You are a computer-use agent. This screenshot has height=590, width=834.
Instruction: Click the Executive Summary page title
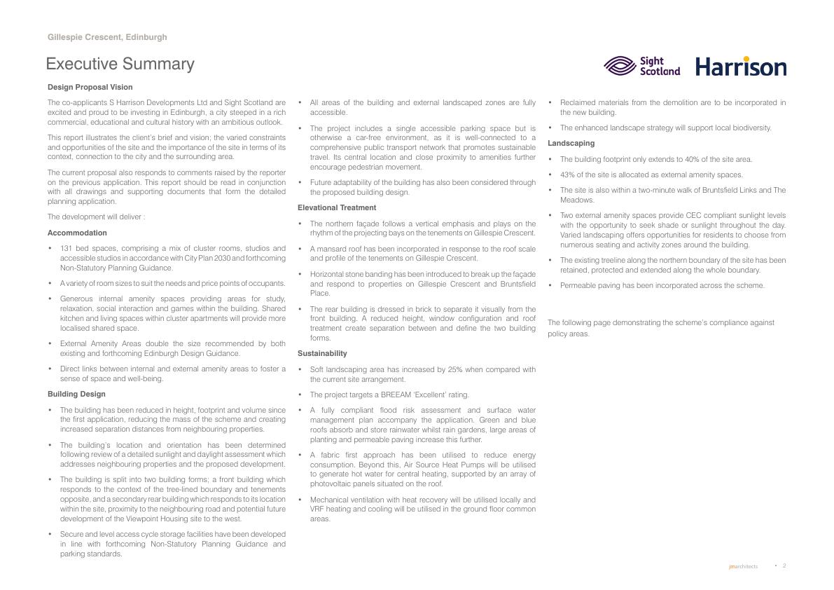tap(120, 64)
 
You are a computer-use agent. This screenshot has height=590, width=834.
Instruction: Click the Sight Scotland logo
tap(641, 66)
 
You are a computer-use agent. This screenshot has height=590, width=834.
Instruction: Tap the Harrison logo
tap(741, 67)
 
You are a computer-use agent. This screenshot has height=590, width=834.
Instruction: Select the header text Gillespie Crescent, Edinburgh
tap(107, 37)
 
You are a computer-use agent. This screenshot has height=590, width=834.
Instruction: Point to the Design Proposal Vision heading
tap(90, 87)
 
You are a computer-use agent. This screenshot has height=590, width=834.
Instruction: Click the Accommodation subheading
tap(77, 233)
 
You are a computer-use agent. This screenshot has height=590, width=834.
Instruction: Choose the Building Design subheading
tap(76, 394)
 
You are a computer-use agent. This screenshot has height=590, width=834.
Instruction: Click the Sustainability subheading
tap(322, 353)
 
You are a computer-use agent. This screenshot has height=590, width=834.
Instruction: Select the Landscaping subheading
tap(571, 143)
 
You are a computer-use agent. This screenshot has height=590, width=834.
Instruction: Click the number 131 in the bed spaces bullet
tap(67, 248)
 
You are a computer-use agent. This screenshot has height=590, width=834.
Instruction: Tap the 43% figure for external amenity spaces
tap(568, 174)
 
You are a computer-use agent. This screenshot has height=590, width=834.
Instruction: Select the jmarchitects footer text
tap(743, 566)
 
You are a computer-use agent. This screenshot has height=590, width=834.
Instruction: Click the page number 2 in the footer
tap(784, 565)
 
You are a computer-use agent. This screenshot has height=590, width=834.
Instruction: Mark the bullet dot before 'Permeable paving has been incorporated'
tap(551, 285)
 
